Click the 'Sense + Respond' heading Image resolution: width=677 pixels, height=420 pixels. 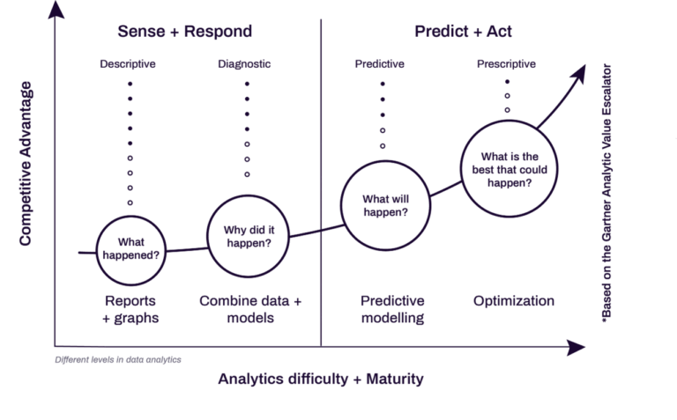click(x=185, y=32)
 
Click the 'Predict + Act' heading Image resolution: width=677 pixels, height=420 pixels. click(x=464, y=32)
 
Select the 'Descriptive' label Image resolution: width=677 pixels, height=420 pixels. click(x=129, y=64)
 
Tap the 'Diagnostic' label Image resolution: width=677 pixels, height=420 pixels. click(x=246, y=64)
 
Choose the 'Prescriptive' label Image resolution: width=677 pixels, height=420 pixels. click(x=507, y=64)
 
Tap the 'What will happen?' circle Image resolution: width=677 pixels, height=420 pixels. click(x=384, y=205)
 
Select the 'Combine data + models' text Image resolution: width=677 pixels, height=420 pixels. click(x=250, y=309)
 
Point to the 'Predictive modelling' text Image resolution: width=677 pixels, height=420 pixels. click(x=392, y=309)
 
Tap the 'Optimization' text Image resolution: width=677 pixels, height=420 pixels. click(x=514, y=301)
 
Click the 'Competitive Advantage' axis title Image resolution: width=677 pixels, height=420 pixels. click(x=26, y=163)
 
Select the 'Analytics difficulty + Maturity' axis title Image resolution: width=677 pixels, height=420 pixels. click(x=321, y=379)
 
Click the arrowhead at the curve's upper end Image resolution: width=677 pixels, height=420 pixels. click(x=578, y=74)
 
